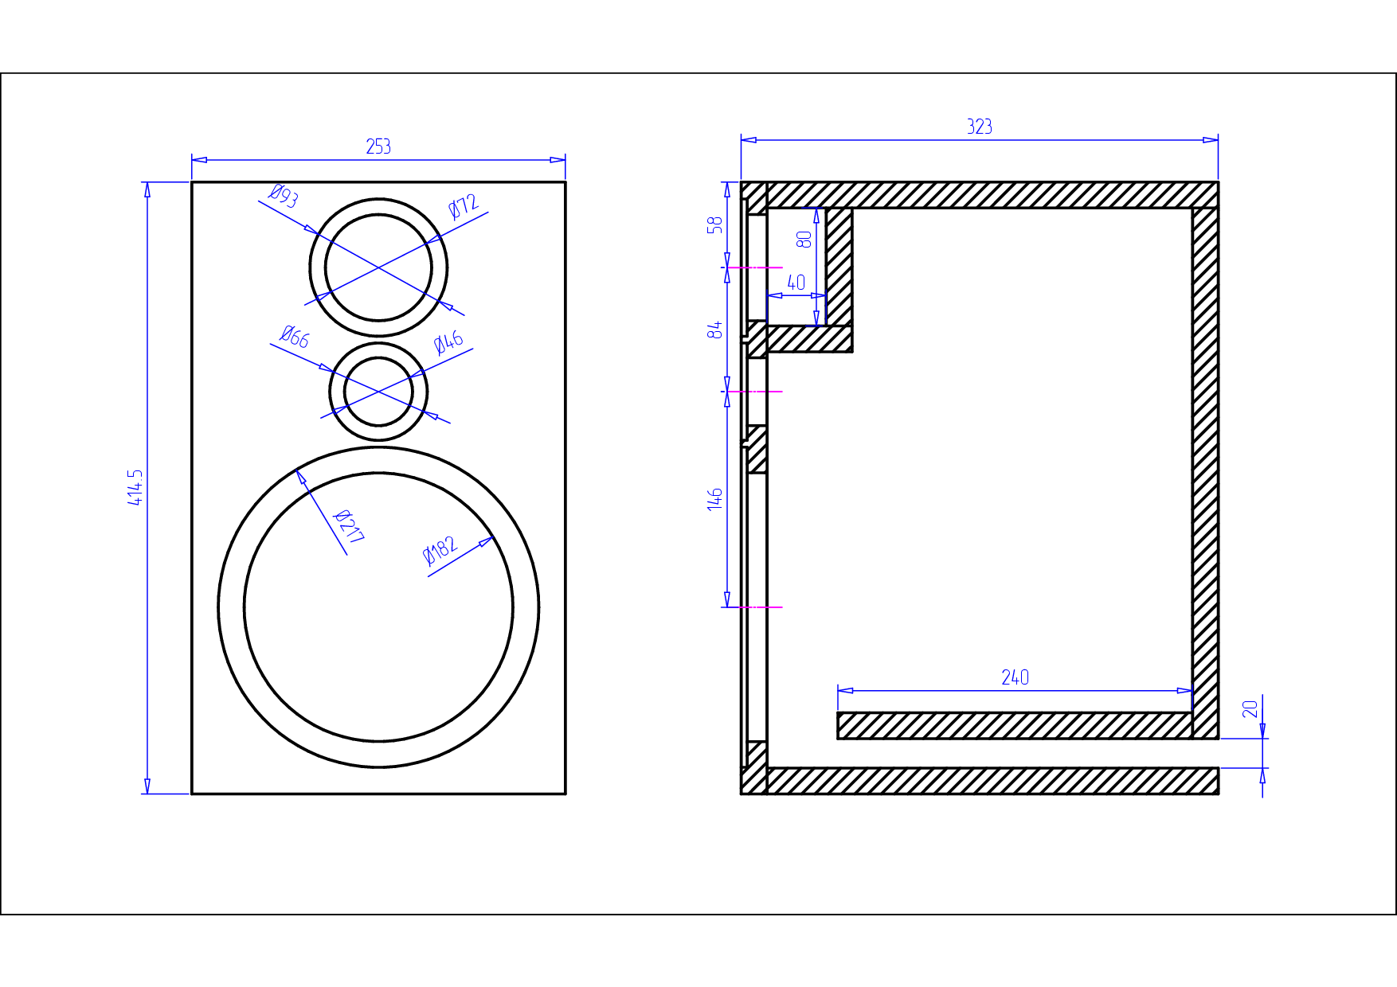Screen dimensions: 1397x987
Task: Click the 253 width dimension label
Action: [378, 146]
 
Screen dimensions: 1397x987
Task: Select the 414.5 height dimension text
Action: [136, 487]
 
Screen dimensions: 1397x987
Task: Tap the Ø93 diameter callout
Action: [284, 195]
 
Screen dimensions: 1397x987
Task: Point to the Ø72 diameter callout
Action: [464, 206]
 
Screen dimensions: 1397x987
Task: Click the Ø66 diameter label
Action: [295, 337]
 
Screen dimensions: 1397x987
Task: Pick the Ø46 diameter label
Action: [448, 342]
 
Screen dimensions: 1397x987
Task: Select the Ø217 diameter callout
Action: [348, 527]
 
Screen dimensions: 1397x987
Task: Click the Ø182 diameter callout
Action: [440, 549]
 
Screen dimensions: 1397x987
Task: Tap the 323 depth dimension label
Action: [980, 127]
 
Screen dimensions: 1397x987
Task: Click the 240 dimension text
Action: [1015, 677]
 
